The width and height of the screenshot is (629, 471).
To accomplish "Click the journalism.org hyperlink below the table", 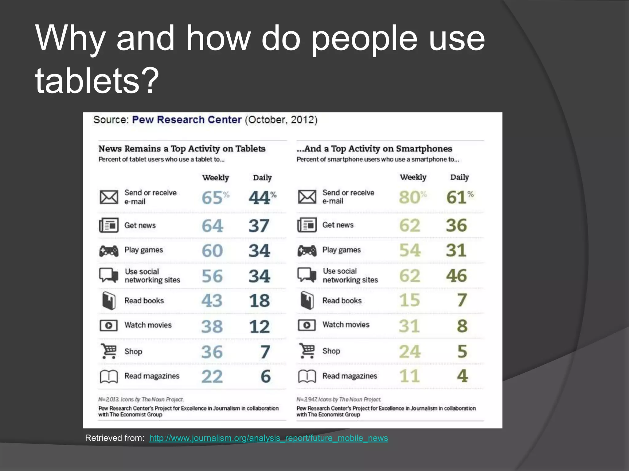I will tap(268, 438).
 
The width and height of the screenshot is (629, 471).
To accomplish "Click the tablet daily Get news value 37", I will tap(259, 226).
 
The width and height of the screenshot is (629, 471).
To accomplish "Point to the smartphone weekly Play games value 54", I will tap(410, 250).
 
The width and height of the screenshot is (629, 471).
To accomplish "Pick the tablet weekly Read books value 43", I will tap(212, 301).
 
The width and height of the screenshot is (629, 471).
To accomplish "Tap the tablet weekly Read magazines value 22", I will tap(212, 376).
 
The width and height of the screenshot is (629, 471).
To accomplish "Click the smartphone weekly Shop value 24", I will tap(410, 351).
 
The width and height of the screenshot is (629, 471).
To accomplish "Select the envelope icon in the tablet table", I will tap(109, 197).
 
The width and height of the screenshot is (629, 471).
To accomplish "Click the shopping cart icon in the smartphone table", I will tap(307, 351).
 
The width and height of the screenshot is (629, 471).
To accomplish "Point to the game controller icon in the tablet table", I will tap(109, 251).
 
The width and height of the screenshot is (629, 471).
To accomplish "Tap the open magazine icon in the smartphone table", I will tap(307, 376).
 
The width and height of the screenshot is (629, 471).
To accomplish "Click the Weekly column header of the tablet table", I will tap(216, 178).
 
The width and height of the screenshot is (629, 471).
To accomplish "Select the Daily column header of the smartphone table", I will tap(459, 177).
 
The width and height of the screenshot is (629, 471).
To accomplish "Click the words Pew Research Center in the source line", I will tap(187, 120).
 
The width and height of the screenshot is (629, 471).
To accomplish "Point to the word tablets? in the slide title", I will tap(97, 80).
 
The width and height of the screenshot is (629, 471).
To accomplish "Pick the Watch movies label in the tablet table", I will tap(148, 325).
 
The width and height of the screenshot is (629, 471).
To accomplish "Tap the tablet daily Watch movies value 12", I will tap(259, 326).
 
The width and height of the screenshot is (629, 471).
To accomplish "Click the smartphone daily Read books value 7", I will tap(462, 300).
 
